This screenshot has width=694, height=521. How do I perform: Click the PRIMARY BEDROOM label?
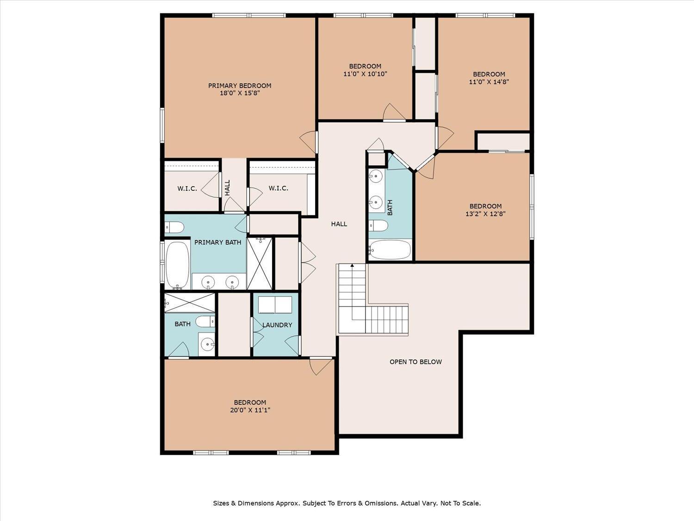(x=240, y=85)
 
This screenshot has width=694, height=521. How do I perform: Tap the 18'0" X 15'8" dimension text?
(x=240, y=94)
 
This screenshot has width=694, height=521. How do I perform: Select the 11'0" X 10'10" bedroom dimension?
(x=365, y=74)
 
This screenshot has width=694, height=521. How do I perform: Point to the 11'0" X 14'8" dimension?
(x=489, y=82)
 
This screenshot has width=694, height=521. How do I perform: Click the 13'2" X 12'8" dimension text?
(x=485, y=214)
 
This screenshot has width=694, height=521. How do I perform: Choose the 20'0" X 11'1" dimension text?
(x=250, y=410)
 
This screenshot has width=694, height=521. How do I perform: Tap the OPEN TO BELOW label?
(x=415, y=362)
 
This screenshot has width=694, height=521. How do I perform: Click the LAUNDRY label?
(x=277, y=325)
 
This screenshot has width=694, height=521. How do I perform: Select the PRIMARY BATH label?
(x=217, y=242)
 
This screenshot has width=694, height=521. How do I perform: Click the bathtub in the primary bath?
(x=177, y=265)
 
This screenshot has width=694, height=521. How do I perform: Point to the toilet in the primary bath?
(x=174, y=227)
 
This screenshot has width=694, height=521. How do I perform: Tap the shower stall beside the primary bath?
(x=259, y=263)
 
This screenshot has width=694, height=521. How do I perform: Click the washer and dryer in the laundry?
(x=275, y=305)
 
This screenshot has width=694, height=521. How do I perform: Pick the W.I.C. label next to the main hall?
(x=278, y=188)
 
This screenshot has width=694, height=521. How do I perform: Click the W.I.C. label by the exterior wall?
(x=187, y=189)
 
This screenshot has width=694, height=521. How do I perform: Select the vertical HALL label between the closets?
(x=227, y=188)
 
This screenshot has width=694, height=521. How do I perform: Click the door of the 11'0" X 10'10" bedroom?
(x=394, y=112)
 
